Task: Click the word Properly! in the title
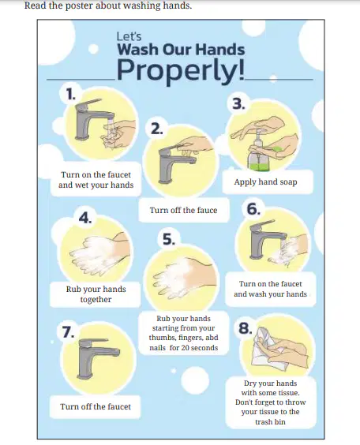180,71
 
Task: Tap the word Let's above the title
129,36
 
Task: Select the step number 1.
70,94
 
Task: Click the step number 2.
157,129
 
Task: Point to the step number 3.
238,104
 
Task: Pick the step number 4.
85,218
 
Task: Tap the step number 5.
169,239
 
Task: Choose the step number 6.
253,209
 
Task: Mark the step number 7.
68,331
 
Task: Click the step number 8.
246,328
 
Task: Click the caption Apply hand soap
265,182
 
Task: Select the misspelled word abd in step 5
212,338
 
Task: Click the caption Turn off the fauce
183,211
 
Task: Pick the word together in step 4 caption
96,299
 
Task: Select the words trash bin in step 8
270,422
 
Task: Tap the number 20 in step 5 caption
186,348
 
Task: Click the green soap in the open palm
277,150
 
